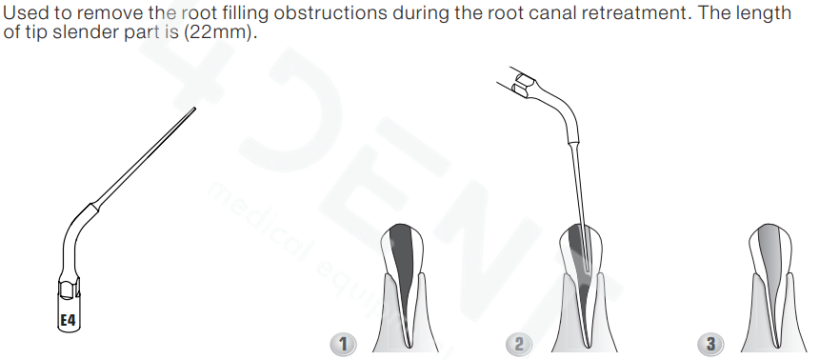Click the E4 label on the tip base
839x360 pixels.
tap(68, 320)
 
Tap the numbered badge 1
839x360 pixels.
tap(343, 344)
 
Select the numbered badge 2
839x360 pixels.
tap(518, 344)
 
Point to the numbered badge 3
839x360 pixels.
tap(710, 344)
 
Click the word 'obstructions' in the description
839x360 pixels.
tap(330, 12)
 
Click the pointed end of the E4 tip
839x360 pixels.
tap(194, 109)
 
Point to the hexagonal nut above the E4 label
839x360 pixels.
tap(69, 287)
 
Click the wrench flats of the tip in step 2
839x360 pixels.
tap(522, 86)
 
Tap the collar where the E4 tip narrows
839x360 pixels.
tap(94, 207)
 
